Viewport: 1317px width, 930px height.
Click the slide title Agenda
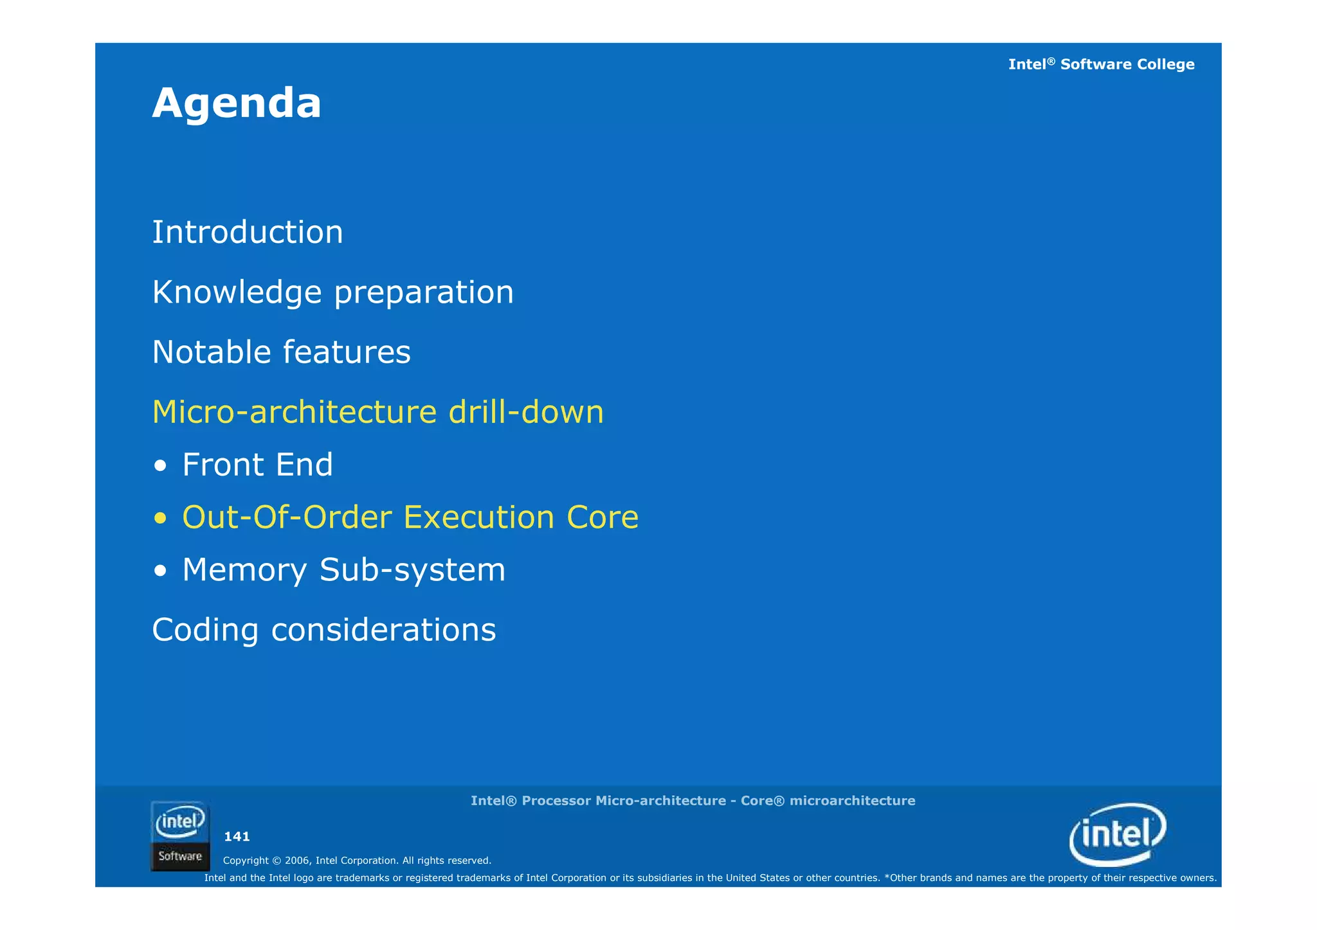point(236,103)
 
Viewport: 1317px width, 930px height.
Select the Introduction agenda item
point(248,232)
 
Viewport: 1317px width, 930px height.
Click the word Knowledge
point(237,292)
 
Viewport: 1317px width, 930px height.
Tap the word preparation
point(424,292)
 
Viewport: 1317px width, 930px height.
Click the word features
point(347,352)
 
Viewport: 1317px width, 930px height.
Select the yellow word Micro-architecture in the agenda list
point(295,412)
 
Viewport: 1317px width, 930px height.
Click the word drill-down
point(526,412)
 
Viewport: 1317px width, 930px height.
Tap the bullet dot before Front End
point(161,466)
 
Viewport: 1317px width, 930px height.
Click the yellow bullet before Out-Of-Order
point(161,519)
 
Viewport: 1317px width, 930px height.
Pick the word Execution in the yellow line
point(479,517)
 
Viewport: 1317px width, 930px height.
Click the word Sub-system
point(412,570)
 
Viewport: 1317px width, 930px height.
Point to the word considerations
point(383,630)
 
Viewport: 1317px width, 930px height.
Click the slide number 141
point(237,837)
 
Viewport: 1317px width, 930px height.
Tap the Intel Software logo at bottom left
point(180,836)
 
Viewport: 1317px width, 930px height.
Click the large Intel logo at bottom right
point(1118,834)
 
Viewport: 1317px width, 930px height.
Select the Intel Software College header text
point(1101,64)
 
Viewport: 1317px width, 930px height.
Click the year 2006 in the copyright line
point(297,861)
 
